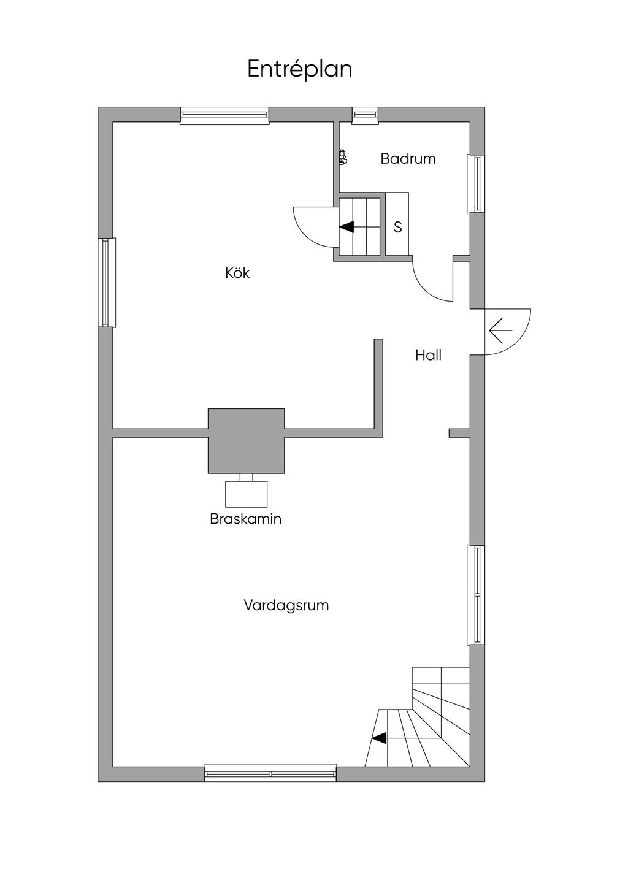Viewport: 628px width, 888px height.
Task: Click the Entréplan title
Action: [x=300, y=69]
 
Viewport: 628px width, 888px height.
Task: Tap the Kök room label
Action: [x=237, y=273]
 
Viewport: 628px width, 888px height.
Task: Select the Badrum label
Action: [x=408, y=159]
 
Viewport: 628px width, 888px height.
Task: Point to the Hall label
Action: [x=429, y=355]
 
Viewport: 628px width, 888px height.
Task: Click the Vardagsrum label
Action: [x=286, y=605]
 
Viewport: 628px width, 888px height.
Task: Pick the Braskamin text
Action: [x=245, y=519]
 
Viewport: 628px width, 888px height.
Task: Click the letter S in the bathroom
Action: [x=397, y=227]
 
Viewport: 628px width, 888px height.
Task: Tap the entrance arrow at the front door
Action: [x=500, y=330]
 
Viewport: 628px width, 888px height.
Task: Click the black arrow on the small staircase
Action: [x=347, y=227]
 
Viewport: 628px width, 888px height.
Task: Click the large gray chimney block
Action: [x=246, y=441]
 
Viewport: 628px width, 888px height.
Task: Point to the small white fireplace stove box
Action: [x=246, y=494]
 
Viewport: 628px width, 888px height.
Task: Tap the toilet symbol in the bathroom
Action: [x=343, y=156]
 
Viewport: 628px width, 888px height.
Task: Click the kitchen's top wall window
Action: [x=225, y=116]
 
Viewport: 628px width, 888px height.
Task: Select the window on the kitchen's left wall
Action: [x=107, y=282]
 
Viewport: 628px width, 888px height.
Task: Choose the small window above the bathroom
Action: [x=366, y=115]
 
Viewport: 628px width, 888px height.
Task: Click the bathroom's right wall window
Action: [x=476, y=183]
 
